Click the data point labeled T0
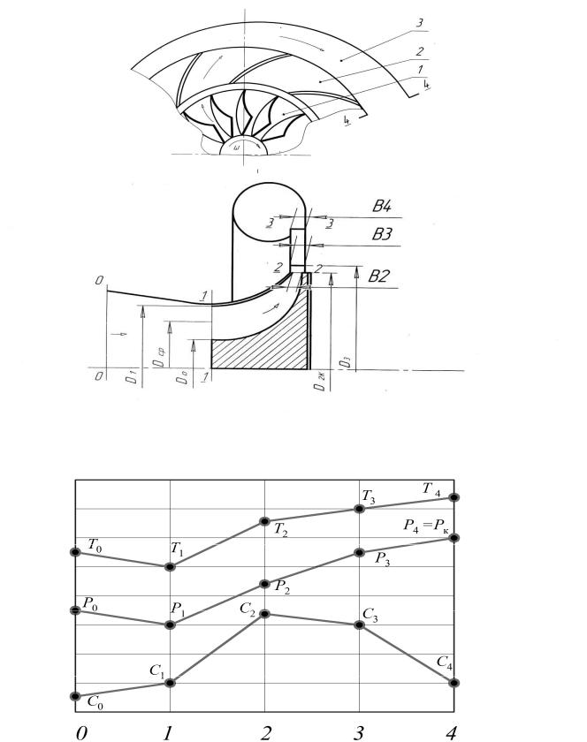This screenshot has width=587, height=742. tap(76, 551)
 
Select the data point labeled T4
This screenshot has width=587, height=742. tap(454, 497)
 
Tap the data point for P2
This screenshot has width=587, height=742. tap(264, 582)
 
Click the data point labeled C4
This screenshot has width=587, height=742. tap(454, 683)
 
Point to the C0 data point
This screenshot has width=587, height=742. tap(76, 696)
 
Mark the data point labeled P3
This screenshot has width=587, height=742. tap(359, 552)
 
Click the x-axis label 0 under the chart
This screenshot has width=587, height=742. tap(82, 732)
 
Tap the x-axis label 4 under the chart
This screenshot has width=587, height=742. tap(453, 732)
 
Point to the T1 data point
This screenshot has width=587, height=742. tap(170, 566)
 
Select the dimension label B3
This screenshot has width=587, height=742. tap(382, 237)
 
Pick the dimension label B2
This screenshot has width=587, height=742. tap(381, 276)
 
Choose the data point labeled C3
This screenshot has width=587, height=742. tap(359, 625)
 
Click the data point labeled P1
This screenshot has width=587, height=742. tap(170, 625)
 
